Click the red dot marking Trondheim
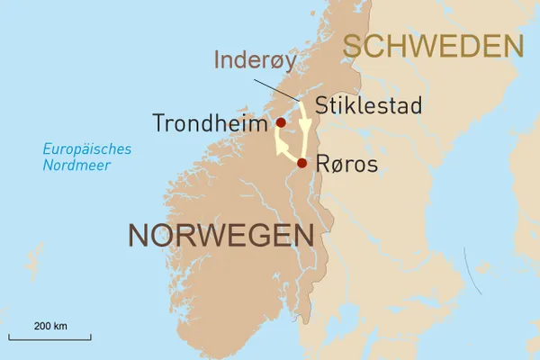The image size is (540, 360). [281, 122]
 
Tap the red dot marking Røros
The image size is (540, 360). [302, 163]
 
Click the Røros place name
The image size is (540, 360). [347, 165]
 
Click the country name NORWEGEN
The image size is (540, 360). [220, 235]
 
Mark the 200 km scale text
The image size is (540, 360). [50, 324]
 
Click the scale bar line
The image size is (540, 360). [50, 338]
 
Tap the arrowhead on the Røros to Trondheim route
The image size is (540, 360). [281, 144]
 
